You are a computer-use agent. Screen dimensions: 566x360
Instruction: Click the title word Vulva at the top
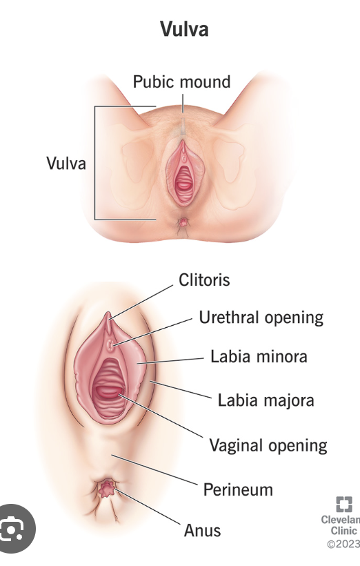coord(184,29)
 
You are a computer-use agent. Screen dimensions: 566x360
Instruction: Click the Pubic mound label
coord(181,81)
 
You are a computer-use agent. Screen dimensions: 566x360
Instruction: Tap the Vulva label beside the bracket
coord(66,164)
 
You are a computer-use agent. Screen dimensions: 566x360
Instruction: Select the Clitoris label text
coord(204,280)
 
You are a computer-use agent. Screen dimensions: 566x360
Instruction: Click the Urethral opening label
coord(261,318)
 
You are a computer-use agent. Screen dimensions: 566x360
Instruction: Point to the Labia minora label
coord(259,357)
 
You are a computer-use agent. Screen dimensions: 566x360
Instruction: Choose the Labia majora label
coord(266,400)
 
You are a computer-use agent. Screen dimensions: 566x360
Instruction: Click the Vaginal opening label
coord(268,445)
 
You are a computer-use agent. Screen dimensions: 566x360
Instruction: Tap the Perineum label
coord(238,489)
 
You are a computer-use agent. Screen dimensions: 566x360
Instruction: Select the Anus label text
coord(202,530)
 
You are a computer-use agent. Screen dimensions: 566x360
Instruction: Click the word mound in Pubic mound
coord(205,81)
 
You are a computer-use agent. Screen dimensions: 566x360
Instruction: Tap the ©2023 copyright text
coord(343,544)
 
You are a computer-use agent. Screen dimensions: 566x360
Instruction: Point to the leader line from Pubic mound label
coord(182,102)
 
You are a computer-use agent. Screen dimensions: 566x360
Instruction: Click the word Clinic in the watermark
coord(343,531)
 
